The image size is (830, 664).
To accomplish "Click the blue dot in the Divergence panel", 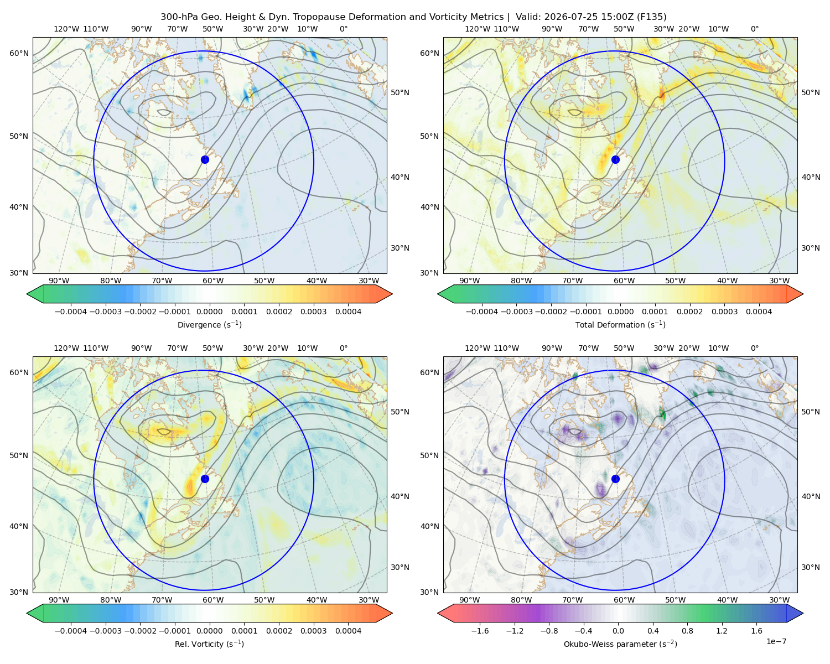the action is [x=205, y=159].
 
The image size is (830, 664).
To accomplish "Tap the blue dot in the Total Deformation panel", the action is [x=615, y=159].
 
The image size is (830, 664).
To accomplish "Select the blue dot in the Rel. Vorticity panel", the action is [x=205, y=479].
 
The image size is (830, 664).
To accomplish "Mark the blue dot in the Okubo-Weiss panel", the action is [x=615, y=479].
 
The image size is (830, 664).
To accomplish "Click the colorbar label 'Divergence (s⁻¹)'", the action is [x=209, y=324].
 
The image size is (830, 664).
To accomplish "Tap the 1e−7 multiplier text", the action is [x=776, y=641].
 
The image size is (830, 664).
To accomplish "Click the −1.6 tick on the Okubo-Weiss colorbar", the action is [x=480, y=630].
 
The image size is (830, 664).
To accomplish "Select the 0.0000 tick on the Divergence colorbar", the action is [x=209, y=312].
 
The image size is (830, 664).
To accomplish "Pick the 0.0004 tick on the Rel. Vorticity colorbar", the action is [x=348, y=630].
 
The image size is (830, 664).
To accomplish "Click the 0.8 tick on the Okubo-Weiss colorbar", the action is [x=687, y=630].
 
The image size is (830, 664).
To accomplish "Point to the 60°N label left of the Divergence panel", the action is [x=19, y=53].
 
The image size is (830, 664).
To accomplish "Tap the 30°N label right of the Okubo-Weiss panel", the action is [x=811, y=567].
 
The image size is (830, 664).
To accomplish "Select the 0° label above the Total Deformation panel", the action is [x=754, y=29].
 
